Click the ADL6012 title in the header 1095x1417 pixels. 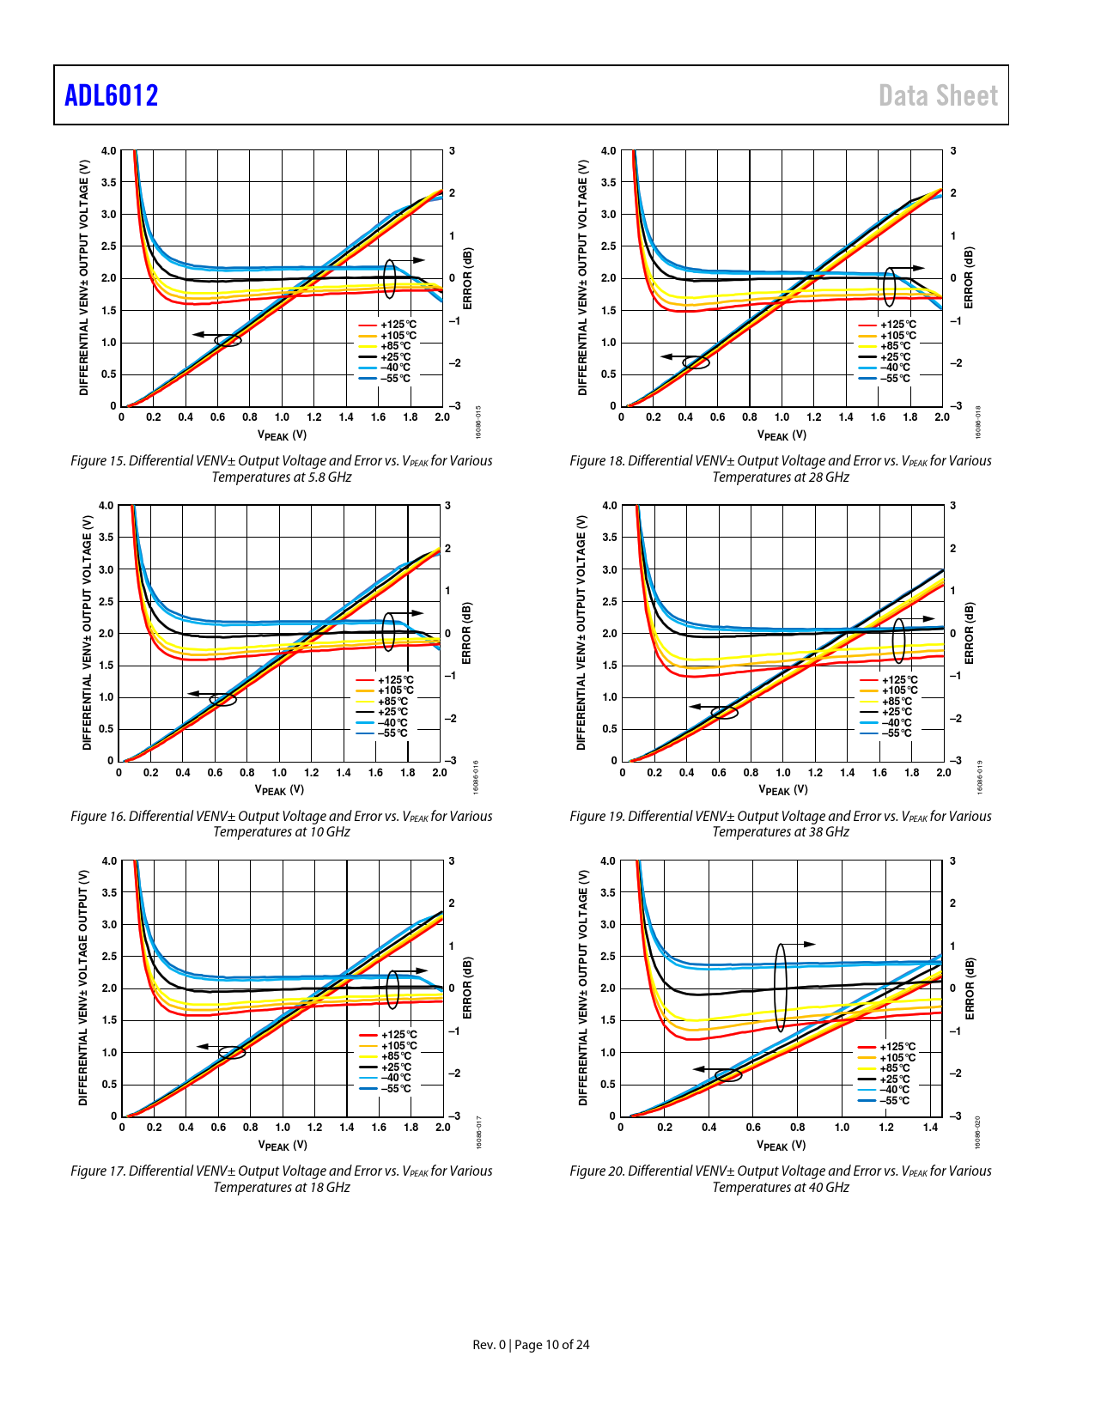(112, 95)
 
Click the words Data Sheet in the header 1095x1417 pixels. (938, 95)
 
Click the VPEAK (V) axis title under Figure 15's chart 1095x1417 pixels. (282, 435)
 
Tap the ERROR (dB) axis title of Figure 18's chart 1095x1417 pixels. (969, 277)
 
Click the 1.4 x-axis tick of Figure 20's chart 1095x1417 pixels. (931, 1128)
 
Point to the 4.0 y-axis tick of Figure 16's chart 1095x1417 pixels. (105, 506)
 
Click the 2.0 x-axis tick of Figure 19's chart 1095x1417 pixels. (943, 772)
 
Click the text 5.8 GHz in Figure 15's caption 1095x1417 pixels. (329, 477)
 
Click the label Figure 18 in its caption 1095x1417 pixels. (597, 461)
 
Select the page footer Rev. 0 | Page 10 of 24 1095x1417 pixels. (531, 1345)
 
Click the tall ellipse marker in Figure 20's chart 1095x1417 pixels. (781, 988)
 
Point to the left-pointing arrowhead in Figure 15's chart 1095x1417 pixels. (198, 335)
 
